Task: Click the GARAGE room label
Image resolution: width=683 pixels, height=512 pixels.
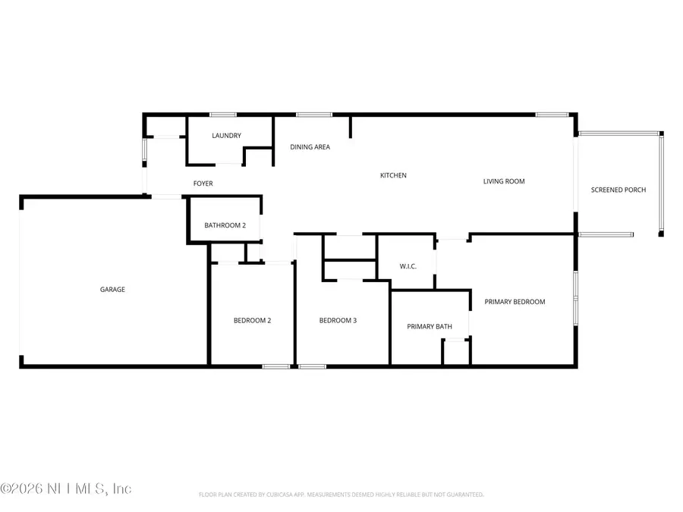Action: [x=112, y=289]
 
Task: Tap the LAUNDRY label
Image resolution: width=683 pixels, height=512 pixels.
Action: [x=226, y=136]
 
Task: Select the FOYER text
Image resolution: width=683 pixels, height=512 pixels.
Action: [x=203, y=184]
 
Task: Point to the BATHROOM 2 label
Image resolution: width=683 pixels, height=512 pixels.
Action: [x=225, y=225]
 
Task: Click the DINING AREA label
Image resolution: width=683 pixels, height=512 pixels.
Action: [x=310, y=147]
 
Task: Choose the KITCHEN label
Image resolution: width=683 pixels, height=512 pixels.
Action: [x=393, y=175]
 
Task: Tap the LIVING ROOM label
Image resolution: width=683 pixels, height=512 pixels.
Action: [x=504, y=181]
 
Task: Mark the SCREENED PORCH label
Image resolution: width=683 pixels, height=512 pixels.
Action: [x=618, y=190]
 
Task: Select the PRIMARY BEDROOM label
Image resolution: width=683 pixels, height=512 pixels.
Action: [x=515, y=302]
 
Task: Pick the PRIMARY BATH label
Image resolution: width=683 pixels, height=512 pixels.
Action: [x=430, y=326]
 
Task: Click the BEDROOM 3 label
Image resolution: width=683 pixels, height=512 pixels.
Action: [x=338, y=320]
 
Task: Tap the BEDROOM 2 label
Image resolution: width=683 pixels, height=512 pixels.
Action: [x=252, y=320]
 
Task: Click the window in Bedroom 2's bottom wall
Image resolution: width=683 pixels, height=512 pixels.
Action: [x=275, y=366]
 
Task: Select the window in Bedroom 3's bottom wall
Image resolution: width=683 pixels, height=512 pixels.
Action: [x=312, y=366]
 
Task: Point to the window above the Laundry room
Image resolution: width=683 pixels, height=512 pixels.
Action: [x=222, y=115]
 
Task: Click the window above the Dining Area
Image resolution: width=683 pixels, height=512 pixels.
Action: [x=313, y=115]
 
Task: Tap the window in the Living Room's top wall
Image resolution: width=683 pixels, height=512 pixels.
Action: [x=552, y=115]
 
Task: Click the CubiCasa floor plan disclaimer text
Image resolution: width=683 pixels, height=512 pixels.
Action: [x=341, y=495]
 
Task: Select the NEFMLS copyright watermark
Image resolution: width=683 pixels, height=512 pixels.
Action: [x=67, y=488]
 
